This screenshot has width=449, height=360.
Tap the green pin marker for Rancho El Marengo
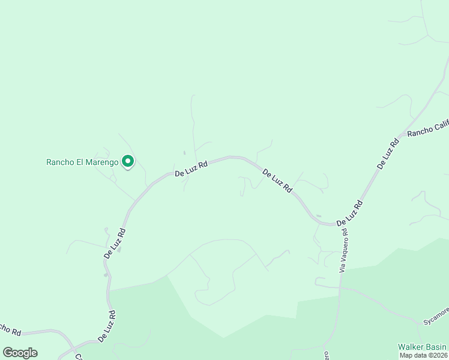coord(127,161)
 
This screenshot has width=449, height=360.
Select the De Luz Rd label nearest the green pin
coord(191,168)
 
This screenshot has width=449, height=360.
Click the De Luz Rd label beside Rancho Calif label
coord(388,153)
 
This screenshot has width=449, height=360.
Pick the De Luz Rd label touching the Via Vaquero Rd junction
coord(349,213)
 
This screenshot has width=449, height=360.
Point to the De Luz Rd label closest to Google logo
coord(107,326)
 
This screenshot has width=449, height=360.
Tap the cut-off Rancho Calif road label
coord(427,127)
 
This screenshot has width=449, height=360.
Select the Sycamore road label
coord(435,316)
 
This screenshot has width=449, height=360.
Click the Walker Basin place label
coord(422,347)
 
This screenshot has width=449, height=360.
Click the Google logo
coord(20,353)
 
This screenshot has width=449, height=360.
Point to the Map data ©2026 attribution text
coord(424,355)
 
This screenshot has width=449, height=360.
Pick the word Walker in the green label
coord(410,347)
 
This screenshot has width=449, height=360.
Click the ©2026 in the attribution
coord(437,355)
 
